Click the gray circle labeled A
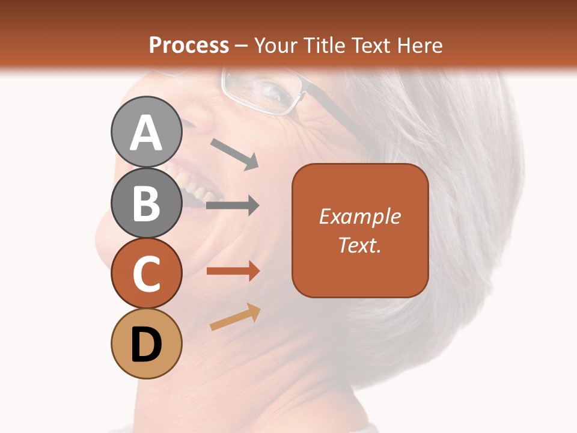point(147,132)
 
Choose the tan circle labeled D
point(147,343)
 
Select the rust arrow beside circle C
point(233,271)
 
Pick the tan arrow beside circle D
point(235,318)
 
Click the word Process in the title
point(189,46)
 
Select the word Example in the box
point(359,216)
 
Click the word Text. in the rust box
point(359,245)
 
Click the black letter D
point(147,344)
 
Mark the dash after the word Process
point(241,46)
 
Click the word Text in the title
point(370,46)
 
